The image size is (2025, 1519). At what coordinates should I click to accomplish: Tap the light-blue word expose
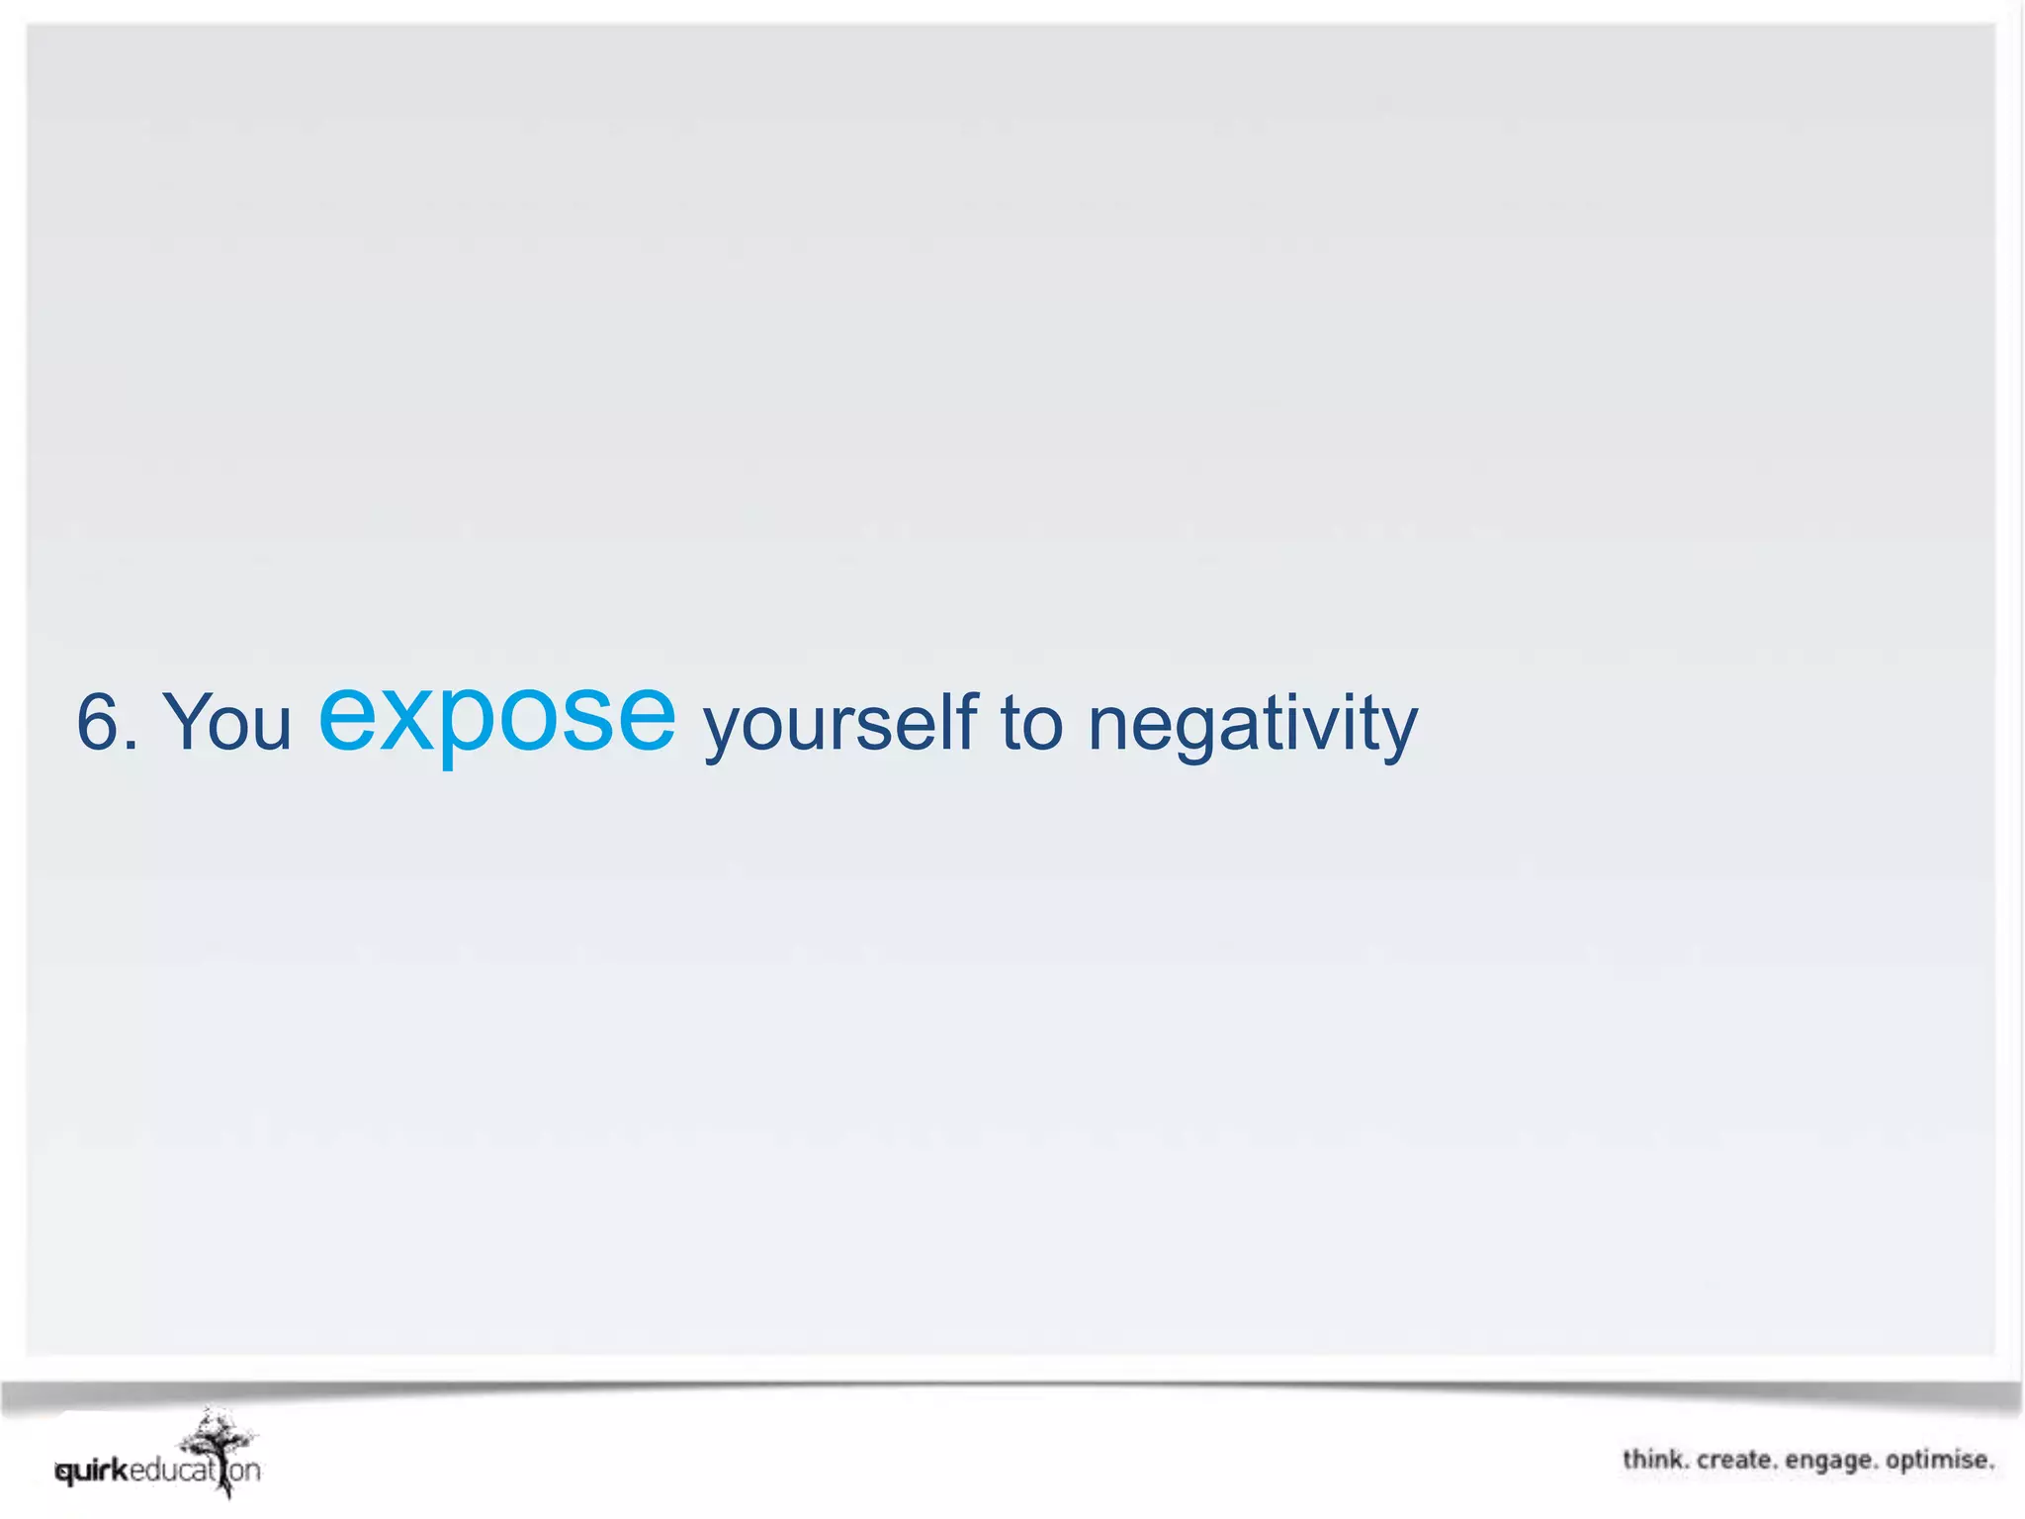click(496, 716)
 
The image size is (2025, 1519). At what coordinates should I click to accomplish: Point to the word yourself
click(839, 725)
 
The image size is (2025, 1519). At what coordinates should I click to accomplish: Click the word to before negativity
click(1031, 723)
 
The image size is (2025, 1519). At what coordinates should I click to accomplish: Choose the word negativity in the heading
click(1252, 725)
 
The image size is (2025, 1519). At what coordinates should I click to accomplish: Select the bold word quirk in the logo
click(93, 1471)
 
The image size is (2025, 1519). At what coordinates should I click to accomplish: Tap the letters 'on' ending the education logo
click(244, 1471)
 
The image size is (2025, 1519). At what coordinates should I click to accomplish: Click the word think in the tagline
click(1654, 1460)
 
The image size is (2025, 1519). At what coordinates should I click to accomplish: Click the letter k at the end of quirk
click(121, 1470)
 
